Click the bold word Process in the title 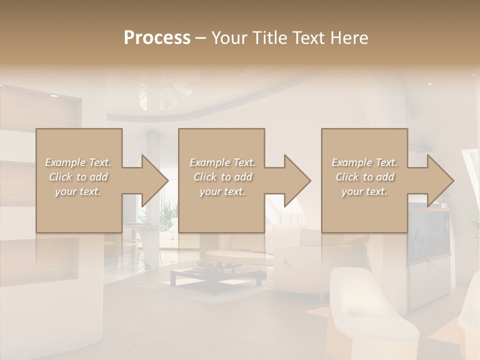[157, 38]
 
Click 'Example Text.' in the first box [78, 162]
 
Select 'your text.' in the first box [78, 191]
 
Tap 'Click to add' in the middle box [222, 177]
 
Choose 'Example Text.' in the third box [364, 162]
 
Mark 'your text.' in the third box [364, 191]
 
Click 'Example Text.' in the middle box [222, 162]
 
